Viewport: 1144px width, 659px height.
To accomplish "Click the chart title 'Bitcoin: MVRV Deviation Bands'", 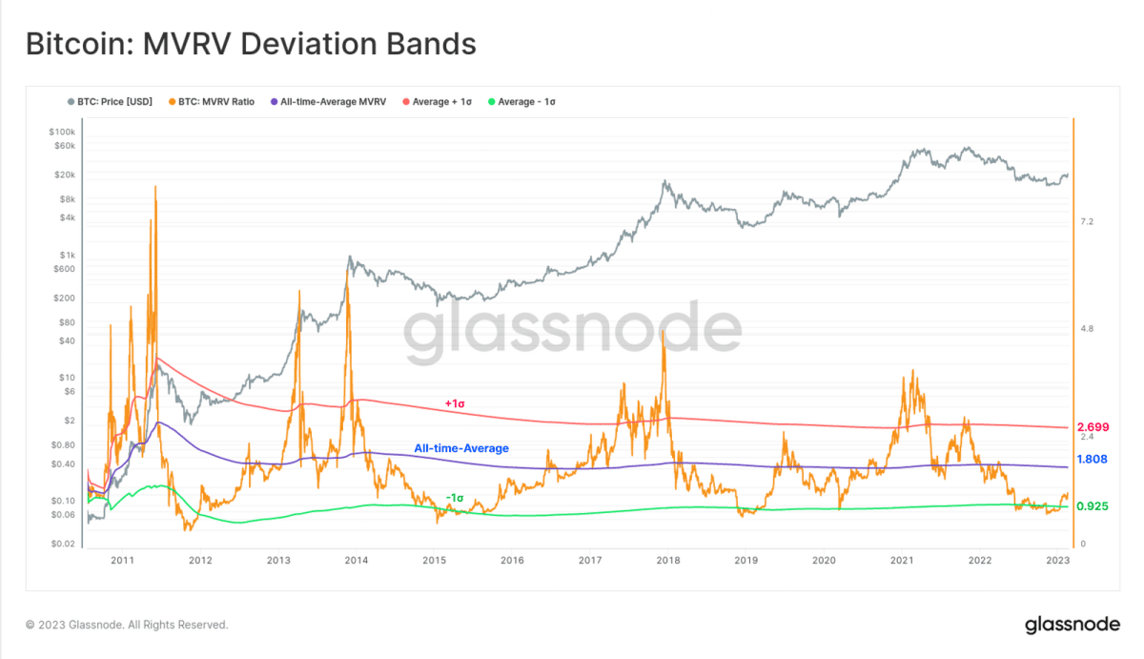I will pyautogui.click(x=250, y=44).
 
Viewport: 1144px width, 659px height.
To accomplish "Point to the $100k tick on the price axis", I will pyautogui.click(x=62, y=131).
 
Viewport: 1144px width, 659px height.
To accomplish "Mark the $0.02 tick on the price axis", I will pyautogui.click(x=64, y=544).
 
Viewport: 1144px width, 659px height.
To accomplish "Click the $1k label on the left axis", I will pyautogui.click(x=68, y=255).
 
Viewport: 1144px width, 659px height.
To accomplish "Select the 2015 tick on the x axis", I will pyautogui.click(x=434, y=561).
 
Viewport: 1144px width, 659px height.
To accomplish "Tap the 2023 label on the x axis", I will pyautogui.click(x=1057, y=561).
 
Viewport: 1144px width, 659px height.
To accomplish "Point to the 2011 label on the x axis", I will pyautogui.click(x=122, y=561).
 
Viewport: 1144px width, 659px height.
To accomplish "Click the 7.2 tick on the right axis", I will pyautogui.click(x=1087, y=221).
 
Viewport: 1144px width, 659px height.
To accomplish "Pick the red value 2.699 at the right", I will pyautogui.click(x=1093, y=426).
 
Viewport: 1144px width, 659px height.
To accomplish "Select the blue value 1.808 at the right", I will pyautogui.click(x=1093, y=460).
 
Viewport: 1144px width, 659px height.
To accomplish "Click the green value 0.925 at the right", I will pyautogui.click(x=1093, y=506).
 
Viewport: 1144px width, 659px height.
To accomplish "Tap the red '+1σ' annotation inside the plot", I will pyautogui.click(x=455, y=403).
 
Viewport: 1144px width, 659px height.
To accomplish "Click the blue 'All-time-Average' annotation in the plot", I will pyautogui.click(x=461, y=447).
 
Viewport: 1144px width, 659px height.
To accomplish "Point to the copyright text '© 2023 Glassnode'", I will pyautogui.click(x=127, y=625).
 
